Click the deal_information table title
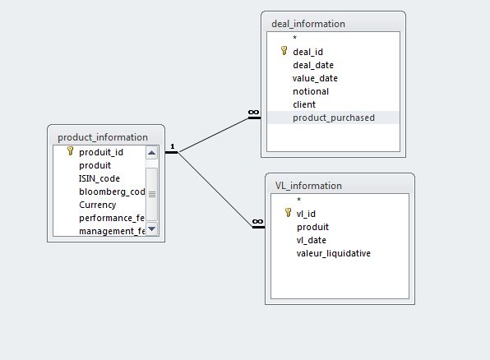pos(308,24)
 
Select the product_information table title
pos(103,137)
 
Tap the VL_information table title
pos(308,186)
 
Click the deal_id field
pos(307,52)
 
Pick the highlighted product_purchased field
pos(334,118)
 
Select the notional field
pos(311,91)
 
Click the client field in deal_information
pos(304,104)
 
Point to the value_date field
pos(315,78)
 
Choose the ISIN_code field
pos(99,178)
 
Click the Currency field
pos(98,205)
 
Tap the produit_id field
pos(101,153)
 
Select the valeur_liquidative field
pos(334,253)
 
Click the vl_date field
pos(312,240)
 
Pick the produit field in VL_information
pos(312,227)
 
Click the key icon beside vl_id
pos(288,213)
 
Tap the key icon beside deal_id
pos(284,51)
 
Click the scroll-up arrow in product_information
pos(151,153)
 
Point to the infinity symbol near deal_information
pos(253,112)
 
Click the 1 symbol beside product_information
pos(173,146)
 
